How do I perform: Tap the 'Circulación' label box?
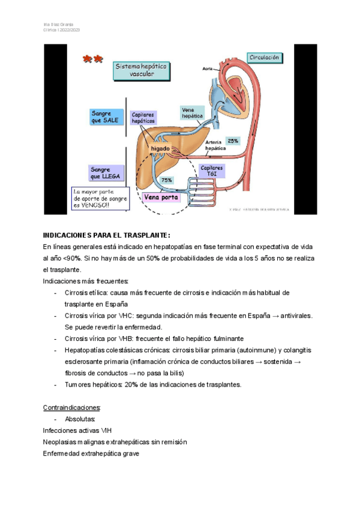point(264,58)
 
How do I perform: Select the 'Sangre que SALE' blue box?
point(106,116)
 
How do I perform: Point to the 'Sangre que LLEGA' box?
point(106,173)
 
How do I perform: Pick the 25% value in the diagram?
point(233,140)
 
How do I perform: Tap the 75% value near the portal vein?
point(167,180)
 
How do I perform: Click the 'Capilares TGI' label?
point(212,171)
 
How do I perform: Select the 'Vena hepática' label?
point(192,112)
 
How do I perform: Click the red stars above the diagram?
point(93,59)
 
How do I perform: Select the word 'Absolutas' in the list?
point(80,419)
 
